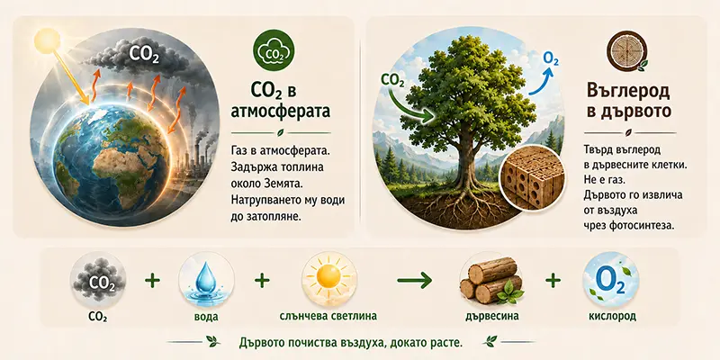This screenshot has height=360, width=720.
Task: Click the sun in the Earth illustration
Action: [47, 40]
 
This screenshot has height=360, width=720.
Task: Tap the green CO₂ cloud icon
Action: [274, 53]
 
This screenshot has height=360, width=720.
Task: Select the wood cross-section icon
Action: [626, 53]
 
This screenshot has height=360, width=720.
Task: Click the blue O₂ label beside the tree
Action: [551, 59]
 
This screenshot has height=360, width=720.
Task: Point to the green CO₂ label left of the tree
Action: [392, 82]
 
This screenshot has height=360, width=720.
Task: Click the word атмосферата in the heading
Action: [282, 112]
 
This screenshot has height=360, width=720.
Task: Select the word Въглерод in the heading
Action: [628, 92]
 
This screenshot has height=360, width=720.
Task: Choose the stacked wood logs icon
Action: [490, 280]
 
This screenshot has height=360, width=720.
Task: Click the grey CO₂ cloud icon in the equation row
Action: [98, 280]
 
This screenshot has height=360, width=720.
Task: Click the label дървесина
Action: [491, 317]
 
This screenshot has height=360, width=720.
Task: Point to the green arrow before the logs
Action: [414, 279]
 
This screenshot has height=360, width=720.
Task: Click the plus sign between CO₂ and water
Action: [152, 280]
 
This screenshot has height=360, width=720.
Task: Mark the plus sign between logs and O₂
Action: [553, 280]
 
